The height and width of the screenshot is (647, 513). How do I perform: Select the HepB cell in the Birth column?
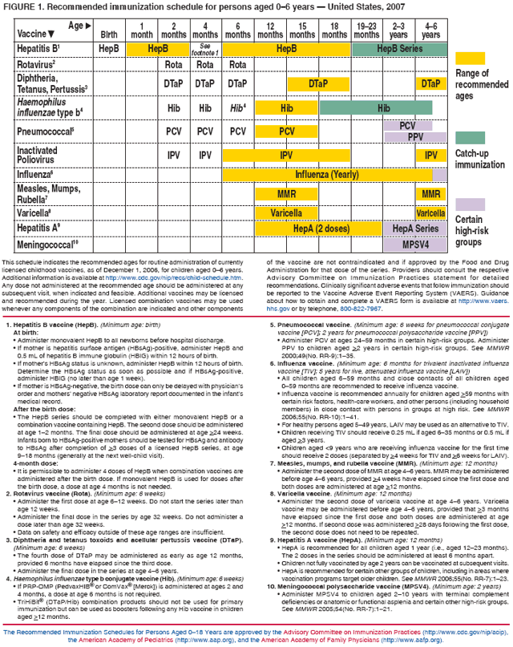click(109, 50)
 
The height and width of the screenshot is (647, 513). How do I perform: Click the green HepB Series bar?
click(398, 50)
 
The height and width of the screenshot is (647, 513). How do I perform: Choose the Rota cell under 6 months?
click(236, 65)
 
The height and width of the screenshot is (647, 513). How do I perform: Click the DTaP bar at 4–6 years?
click(430, 83)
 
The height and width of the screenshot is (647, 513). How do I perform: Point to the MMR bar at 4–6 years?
click(430, 194)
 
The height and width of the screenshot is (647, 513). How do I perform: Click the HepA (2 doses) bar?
click(321, 228)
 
